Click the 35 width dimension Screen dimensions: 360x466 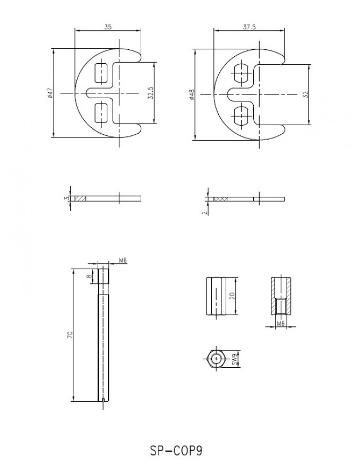(x=108, y=27)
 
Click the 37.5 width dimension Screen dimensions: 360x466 (x=249, y=27)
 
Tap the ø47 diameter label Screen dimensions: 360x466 (x=49, y=93)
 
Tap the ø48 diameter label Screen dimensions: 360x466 (x=192, y=94)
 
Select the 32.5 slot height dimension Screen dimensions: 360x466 (x=150, y=93)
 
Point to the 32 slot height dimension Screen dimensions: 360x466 (x=306, y=94)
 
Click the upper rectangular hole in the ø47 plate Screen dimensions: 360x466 (x=101, y=73)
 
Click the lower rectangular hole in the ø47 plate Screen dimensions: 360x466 (x=101, y=113)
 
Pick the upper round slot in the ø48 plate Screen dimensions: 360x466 (x=242, y=73)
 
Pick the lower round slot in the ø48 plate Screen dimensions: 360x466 (x=242, y=115)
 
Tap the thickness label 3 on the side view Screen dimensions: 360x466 (x=66, y=198)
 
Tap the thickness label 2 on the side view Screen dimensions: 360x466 (x=204, y=213)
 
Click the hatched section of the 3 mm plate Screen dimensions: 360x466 (x=80, y=198)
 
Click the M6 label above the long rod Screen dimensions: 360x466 (x=123, y=261)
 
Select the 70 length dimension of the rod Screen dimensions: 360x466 (x=70, y=335)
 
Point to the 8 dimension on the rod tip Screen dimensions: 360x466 (x=89, y=276)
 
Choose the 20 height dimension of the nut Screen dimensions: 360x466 (x=232, y=296)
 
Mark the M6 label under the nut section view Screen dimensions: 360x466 (x=281, y=323)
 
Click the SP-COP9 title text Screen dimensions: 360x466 (x=176, y=451)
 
